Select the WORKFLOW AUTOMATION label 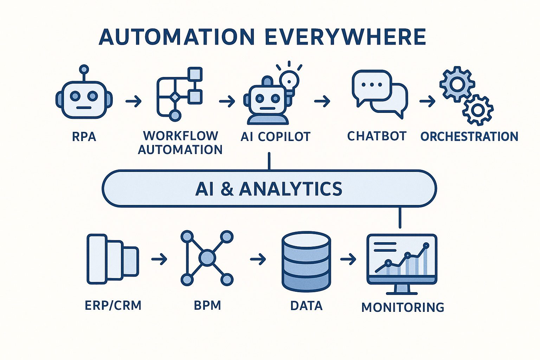180,143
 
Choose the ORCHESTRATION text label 469,136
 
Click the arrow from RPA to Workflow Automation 134,102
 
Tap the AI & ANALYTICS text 269,189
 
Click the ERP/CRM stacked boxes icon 112,259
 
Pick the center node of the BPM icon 207,258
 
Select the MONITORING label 403,307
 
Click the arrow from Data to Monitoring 348,260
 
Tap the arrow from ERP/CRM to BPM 159,260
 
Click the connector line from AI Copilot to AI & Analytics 269,161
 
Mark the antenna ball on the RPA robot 84,69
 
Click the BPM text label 207,305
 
